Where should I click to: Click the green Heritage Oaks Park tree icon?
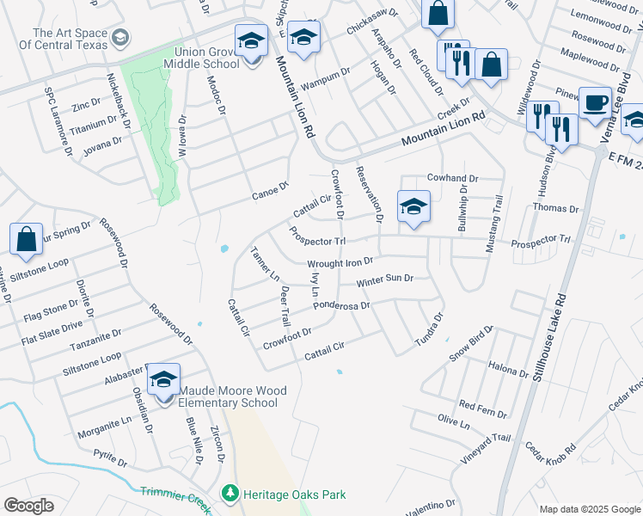[x=230, y=494]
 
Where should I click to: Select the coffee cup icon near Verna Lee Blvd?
[x=594, y=103]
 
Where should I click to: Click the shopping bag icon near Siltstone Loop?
[x=27, y=242]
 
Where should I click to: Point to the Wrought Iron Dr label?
[x=340, y=262]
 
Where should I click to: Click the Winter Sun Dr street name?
[x=385, y=280]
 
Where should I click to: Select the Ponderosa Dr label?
[x=341, y=305]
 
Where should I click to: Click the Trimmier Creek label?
[x=173, y=498]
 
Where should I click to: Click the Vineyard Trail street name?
[x=486, y=450]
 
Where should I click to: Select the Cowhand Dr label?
[x=452, y=179]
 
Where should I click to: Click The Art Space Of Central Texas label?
[x=68, y=40]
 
